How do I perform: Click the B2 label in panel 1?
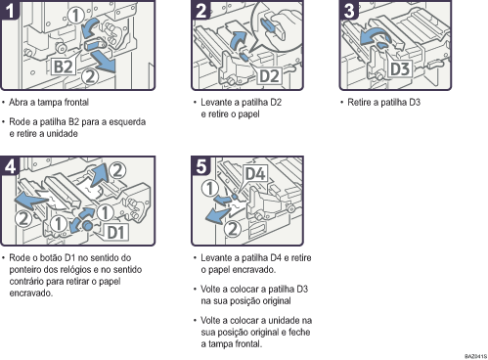point(64,67)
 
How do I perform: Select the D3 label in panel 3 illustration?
point(400,69)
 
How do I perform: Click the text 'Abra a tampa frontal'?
point(51,102)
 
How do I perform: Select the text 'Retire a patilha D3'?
point(382,102)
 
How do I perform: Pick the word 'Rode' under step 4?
point(23,258)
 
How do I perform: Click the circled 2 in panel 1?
point(90,73)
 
